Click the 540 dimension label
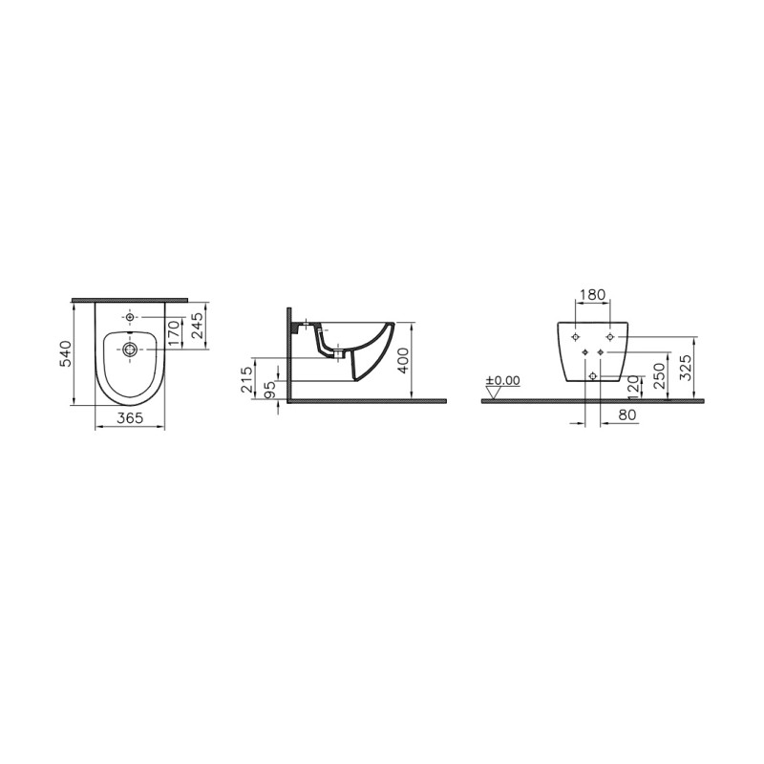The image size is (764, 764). point(65,353)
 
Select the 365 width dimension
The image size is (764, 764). point(130,417)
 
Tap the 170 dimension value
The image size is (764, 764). point(174,333)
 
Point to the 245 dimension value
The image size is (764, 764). point(197,326)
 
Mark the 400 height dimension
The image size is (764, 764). point(402,361)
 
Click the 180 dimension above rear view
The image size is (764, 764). point(592,294)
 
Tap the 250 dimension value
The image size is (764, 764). point(660,375)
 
